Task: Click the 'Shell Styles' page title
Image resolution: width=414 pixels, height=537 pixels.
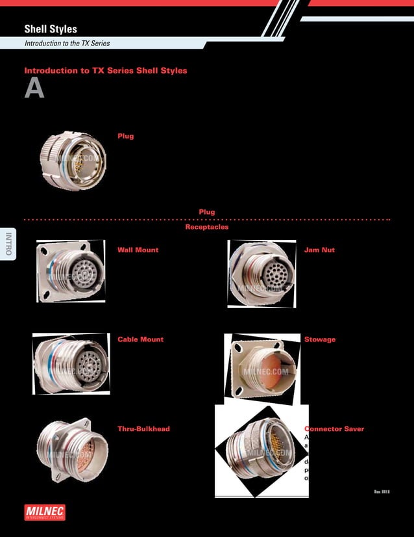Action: pos(51,29)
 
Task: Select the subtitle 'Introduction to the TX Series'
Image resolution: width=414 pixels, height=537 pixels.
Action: pos(67,44)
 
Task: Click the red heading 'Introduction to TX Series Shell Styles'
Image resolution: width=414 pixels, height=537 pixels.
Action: pos(106,70)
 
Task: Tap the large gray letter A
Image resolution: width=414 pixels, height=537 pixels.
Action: pos(34,89)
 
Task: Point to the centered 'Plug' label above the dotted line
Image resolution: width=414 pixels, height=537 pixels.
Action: pos(207,212)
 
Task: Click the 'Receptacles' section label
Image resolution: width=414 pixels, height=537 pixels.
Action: pos(207,228)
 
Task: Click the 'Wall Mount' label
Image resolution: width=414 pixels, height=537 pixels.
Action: pos(138,250)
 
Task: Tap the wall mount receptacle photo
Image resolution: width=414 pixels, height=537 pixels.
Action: pos(71,274)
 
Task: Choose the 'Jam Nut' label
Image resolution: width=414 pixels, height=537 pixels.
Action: pos(319,250)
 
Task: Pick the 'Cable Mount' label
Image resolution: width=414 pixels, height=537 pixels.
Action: pos(140,339)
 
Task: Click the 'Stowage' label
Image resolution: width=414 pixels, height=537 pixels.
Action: pos(320,339)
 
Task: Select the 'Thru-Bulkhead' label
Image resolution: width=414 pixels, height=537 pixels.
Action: pos(143,429)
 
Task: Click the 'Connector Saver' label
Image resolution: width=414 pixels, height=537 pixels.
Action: pos(335,429)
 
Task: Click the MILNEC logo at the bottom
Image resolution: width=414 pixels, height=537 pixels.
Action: pos(44,512)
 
